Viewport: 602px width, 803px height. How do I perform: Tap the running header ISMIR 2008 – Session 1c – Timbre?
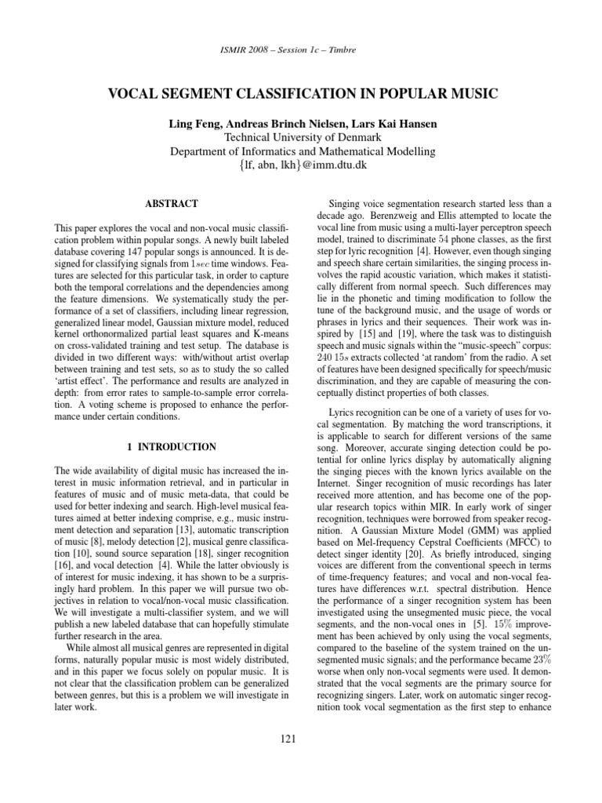point(301,50)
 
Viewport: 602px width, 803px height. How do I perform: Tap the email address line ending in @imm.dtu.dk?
point(301,166)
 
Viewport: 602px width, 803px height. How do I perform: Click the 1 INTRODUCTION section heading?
point(176,447)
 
